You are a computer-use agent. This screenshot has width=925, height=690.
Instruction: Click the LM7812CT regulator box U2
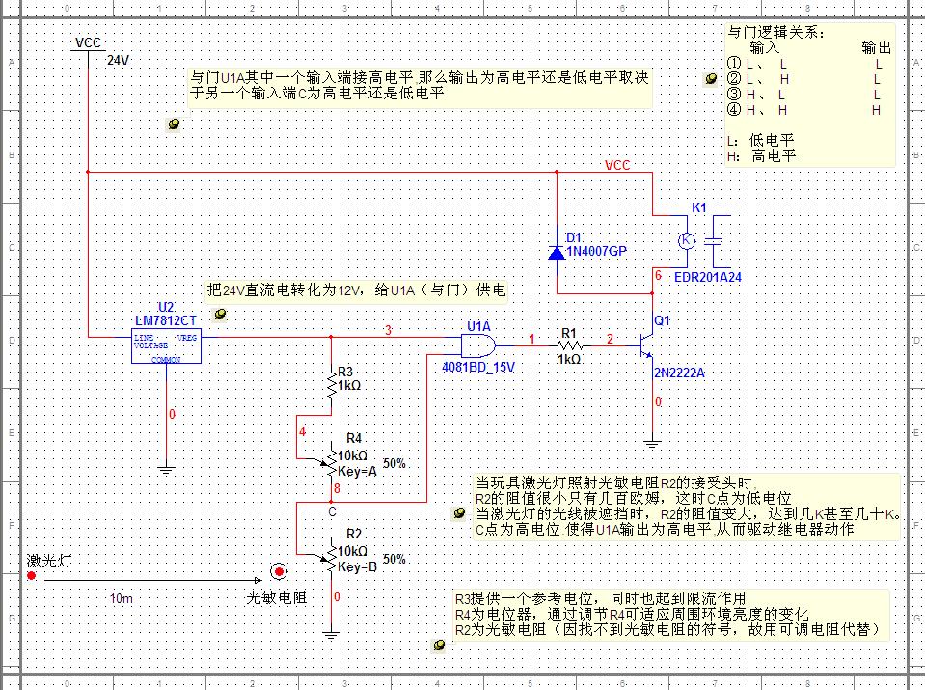coord(165,347)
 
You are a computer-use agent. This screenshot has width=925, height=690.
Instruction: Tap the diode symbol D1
coord(557,252)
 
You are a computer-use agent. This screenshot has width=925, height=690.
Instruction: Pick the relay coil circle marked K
coord(686,240)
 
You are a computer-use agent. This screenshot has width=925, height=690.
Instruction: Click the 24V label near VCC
coord(118,60)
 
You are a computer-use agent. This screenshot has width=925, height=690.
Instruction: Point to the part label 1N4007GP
coord(596,252)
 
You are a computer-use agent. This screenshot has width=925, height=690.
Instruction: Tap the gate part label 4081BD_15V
coord(477,368)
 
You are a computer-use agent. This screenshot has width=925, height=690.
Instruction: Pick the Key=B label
coord(358,566)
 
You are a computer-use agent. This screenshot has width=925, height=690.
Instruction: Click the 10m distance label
coord(121,598)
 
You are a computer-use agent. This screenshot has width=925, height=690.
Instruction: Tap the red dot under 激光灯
coord(31,576)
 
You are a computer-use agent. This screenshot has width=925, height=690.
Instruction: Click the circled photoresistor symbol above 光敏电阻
coord(278,572)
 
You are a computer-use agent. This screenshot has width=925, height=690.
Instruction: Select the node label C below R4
coord(331,511)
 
